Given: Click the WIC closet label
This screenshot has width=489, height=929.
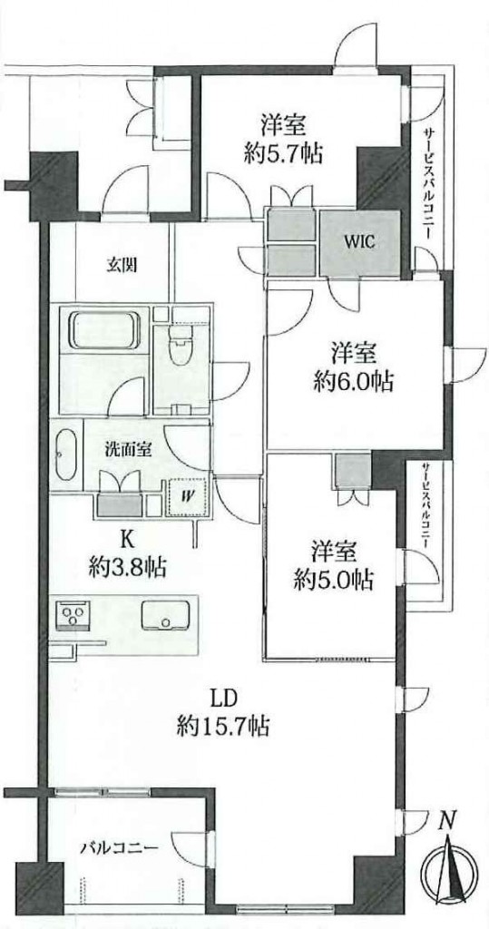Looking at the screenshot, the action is [x=359, y=243].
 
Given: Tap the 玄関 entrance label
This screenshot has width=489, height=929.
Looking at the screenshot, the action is [x=122, y=266].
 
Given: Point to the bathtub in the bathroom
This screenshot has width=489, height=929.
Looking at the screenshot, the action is [x=104, y=330].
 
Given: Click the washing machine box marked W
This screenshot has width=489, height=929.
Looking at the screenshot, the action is [x=188, y=496].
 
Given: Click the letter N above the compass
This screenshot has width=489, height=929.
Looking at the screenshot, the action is [x=449, y=821].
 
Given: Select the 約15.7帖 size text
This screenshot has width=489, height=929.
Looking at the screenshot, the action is [x=223, y=725].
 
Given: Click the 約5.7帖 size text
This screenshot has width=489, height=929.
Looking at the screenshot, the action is [x=284, y=154].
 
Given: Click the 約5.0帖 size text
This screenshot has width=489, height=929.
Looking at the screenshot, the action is [x=334, y=580].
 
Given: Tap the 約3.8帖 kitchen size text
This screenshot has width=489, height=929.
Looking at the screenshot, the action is [x=126, y=569].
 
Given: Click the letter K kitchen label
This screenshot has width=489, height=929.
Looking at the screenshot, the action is [x=126, y=540].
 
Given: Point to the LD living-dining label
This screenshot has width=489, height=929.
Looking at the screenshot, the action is [x=224, y=698].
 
